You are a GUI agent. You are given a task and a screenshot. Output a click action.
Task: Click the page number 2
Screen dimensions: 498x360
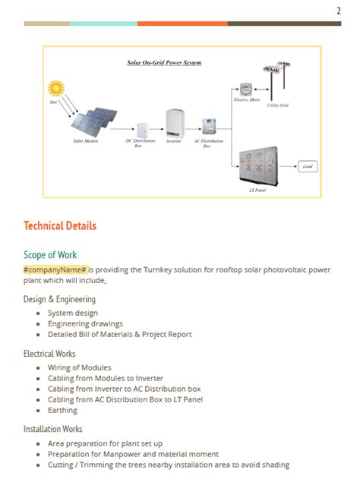click(338, 10)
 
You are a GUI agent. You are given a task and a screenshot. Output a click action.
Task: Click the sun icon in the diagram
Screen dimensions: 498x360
click(56, 88)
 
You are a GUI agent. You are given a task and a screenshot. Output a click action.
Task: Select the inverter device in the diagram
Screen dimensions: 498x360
click(175, 124)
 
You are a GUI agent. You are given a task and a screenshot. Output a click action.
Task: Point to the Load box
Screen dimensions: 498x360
click(307, 165)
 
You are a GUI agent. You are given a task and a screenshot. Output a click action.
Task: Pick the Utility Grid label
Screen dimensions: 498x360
click(278, 106)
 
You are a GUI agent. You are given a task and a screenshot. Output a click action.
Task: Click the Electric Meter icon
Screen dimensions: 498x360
click(246, 89)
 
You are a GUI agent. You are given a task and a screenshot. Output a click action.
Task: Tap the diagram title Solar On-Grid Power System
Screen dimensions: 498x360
click(164, 62)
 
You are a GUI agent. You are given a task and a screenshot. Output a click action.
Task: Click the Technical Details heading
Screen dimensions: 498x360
click(60, 225)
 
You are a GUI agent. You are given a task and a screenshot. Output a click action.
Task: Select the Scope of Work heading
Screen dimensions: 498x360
click(50, 254)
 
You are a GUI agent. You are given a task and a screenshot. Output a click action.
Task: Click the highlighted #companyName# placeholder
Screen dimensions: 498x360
click(55, 269)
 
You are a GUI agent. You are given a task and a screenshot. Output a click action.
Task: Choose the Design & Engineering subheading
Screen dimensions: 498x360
click(59, 299)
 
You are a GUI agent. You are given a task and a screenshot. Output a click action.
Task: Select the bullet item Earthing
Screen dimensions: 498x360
click(62, 410)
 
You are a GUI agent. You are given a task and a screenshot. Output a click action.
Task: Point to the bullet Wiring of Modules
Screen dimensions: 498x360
click(79, 367)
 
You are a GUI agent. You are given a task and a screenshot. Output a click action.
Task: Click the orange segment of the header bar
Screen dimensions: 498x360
click(182, 24)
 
